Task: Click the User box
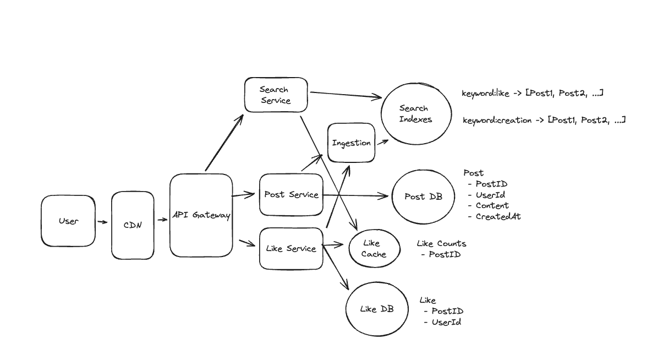pos(68,221)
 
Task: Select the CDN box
pos(133,225)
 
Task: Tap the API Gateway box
pos(201,215)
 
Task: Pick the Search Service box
pos(275,95)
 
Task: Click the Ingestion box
pos(351,143)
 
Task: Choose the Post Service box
pos(291,194)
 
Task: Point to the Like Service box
pos(291,248)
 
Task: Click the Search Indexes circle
pos(415,114)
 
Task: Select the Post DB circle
pos(423,197)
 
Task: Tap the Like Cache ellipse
pos(374,248)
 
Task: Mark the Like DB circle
pos(377,309)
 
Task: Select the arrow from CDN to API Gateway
pos(162,220)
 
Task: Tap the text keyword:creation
pos(497,120)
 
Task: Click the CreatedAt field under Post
pos(498,216)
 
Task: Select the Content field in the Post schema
pos(492,205)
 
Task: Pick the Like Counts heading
pos(441,243)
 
